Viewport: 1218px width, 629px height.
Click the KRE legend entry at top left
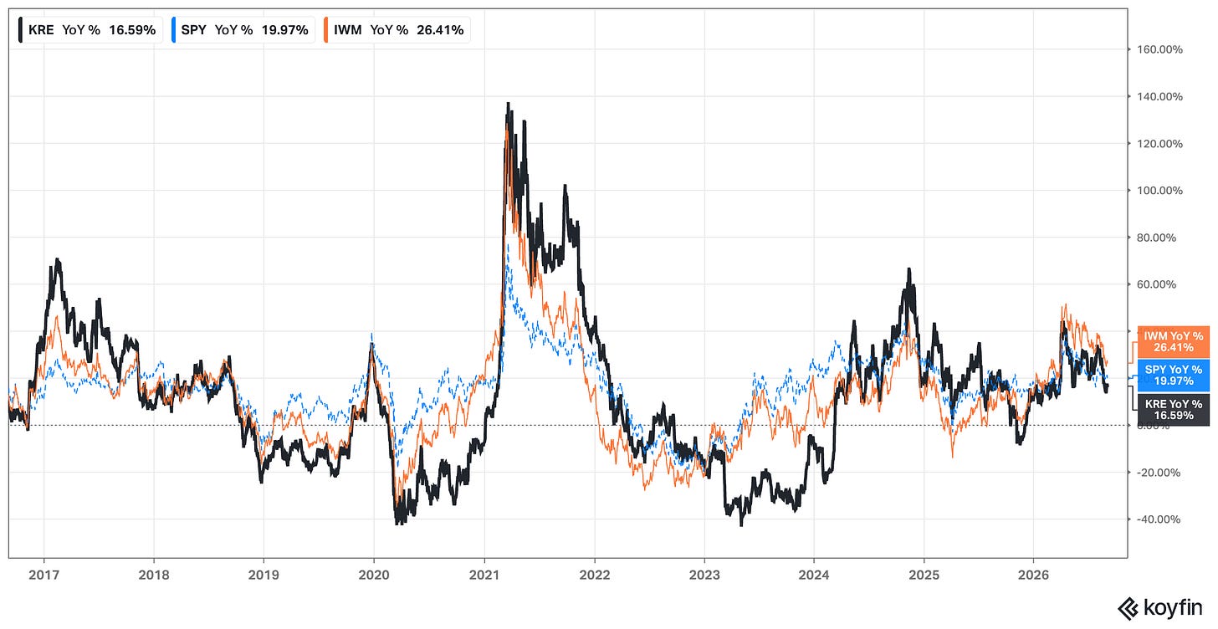(88, 30)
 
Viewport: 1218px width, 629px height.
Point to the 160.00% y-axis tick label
(1159, 49)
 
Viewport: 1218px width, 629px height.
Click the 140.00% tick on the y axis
(1159, 97)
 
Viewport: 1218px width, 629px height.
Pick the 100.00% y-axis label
(1159, 191)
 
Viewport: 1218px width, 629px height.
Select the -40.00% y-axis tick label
(1158, 519)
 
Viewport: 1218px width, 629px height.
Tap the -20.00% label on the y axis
(1158, 473)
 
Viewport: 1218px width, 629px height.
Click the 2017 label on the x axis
(44, 575)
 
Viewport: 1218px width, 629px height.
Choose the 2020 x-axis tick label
(374, 575)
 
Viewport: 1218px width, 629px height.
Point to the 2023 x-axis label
(704, 575)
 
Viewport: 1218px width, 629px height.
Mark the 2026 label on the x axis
(1034, 575)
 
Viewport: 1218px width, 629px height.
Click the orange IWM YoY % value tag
(1174, 342)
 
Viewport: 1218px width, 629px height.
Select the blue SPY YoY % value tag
(1174, 375)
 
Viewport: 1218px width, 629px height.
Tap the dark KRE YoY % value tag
(1174, 409)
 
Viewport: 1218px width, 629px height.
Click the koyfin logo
(1159, 608)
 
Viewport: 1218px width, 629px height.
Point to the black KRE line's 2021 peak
(509, 103)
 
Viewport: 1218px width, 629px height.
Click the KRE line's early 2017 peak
(57, 259)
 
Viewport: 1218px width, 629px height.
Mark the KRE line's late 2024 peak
(908, 269)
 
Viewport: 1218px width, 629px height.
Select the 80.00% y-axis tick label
(1157, 238)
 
